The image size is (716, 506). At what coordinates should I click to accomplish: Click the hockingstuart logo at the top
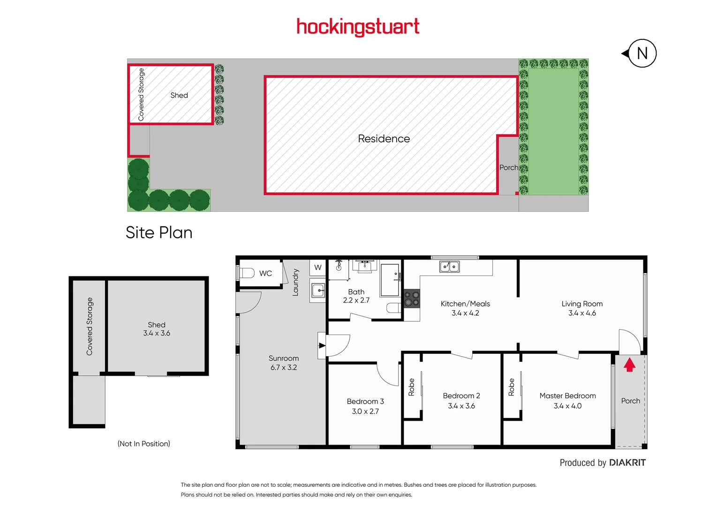pyautogui.click(x=358, y=27)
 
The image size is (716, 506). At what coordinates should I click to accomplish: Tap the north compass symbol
pyautogui.click(x=641, y=53)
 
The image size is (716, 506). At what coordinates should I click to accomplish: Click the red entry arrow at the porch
pyautogui.click(x=629, y=365)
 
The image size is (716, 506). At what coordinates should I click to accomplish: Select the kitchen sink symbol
pyautogui.click(x=449, y=267)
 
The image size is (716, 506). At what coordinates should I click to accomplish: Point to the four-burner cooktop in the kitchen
pyautogui.click(x=412, y=298)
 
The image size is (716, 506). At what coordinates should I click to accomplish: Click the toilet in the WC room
pyautogui.click(x=247, y=273)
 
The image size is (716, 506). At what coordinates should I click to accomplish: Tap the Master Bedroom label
pyautogui.click(x=567, y=396)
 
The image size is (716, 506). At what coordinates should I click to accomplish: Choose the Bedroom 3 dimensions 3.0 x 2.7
pyautogui.click(x=365, y=411)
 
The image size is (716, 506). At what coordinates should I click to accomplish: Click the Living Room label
pyautogui.click(x=582, y=304)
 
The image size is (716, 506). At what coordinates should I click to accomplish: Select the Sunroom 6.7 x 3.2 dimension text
pyautogui.click(x=283, y=368)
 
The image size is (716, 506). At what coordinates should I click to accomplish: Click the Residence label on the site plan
pyautogui.click(x=384, y=139)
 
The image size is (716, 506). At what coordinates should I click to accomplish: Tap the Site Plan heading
pyautogui.click(x=159, y=233)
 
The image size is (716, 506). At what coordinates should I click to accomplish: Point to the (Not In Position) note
pyautogui.click(x=143, y=444)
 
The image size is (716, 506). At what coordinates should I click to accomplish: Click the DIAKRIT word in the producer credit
pyautogui.click(x=627, y=463)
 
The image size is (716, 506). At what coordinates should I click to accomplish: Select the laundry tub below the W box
pyautogui.click(x=318, y=290)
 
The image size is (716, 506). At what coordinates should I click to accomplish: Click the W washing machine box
pyautogui.click(x=318, y=268)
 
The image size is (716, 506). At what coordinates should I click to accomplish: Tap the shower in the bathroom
pyautogui.click(x=390, y=280)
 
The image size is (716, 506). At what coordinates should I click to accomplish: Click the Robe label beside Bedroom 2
pyautogui.click(x=411, y=387)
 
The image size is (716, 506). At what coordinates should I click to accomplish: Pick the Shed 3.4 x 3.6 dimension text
pyautogui.click(x=157, y=333)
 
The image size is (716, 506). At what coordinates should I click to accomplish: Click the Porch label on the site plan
pyautogui.click(x=508, y=167)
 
